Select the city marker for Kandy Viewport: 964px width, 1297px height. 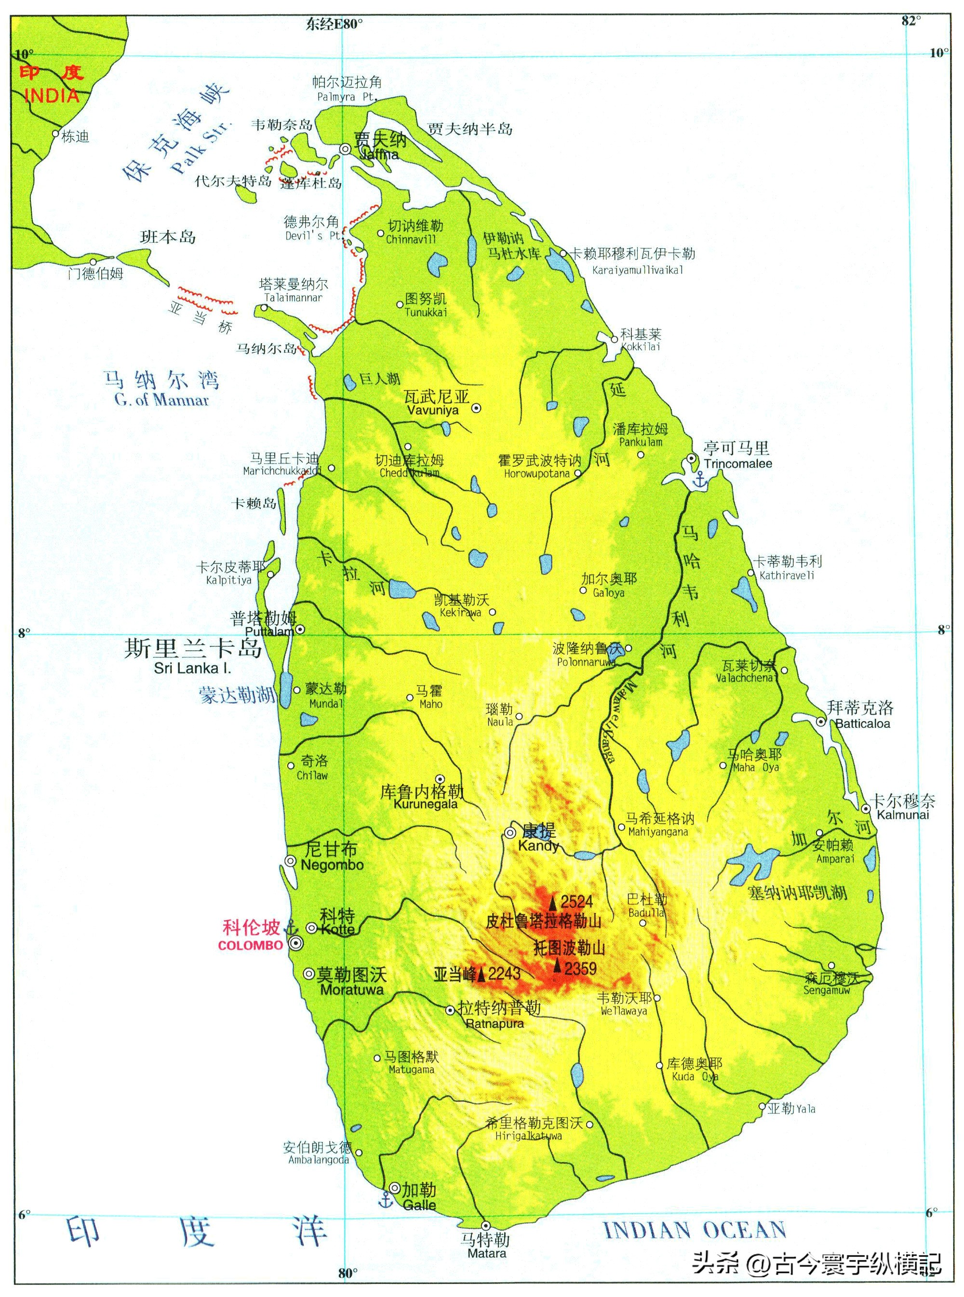(510, 832)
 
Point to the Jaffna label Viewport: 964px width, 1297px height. (379, 155)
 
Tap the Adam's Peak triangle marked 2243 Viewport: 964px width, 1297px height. (482, 974)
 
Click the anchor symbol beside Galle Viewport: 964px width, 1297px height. (385, 1199)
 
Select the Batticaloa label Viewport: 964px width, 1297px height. (862, 723)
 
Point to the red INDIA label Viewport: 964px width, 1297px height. (52, 95)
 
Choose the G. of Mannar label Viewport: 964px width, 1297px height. (161, 400)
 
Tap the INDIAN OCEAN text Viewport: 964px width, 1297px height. (695, 1230)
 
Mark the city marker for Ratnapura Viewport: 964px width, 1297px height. (450, 1010)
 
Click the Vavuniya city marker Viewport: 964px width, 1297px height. (476, 408)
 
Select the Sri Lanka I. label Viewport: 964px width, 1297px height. (193, 668)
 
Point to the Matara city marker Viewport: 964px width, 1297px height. (485, 1225)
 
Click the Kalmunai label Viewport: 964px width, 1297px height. (903, 815)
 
